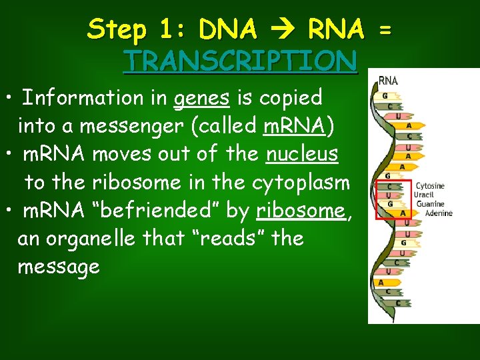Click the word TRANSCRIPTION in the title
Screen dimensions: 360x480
241,61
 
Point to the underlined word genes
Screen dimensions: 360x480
201,98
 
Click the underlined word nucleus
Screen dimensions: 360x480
302,154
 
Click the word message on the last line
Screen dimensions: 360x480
59,267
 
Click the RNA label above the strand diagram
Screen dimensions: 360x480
388,81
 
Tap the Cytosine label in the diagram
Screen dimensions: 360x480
430,186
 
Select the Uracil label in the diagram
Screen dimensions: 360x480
424,195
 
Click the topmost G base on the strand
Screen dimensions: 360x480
384,95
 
